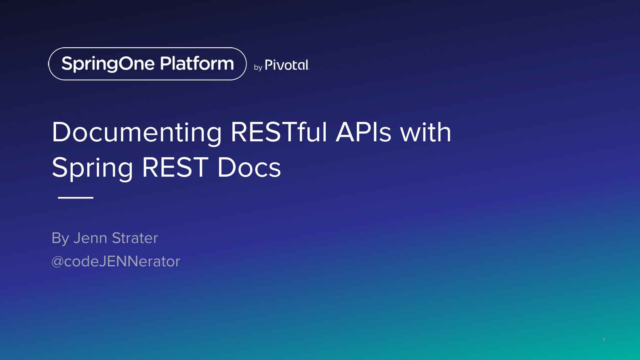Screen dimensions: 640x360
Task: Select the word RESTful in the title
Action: tap(279, 132)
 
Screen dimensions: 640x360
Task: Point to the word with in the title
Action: tap(426, 131)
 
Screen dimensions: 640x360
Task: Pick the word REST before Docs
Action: tap(175, 168)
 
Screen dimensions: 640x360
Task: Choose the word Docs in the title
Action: tap(249, 168)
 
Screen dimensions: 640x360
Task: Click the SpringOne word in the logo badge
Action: tap(108, 64)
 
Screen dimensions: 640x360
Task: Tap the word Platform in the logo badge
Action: tap(197, 63)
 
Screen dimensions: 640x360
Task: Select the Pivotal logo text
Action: tap(287, 65)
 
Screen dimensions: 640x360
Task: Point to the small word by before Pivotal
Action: tap(258, 67)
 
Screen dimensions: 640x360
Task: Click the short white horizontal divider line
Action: tap(76, 197)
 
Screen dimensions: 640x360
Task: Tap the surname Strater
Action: tap(135, 238)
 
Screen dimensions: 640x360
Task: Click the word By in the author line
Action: tap(60, 238)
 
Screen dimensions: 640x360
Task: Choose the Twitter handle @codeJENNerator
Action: tap(116, 261)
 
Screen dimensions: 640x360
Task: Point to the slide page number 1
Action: tap(604, 340)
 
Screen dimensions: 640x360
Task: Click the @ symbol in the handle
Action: tap(58, 262)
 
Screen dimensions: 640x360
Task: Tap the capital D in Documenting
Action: tap(61, 132)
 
